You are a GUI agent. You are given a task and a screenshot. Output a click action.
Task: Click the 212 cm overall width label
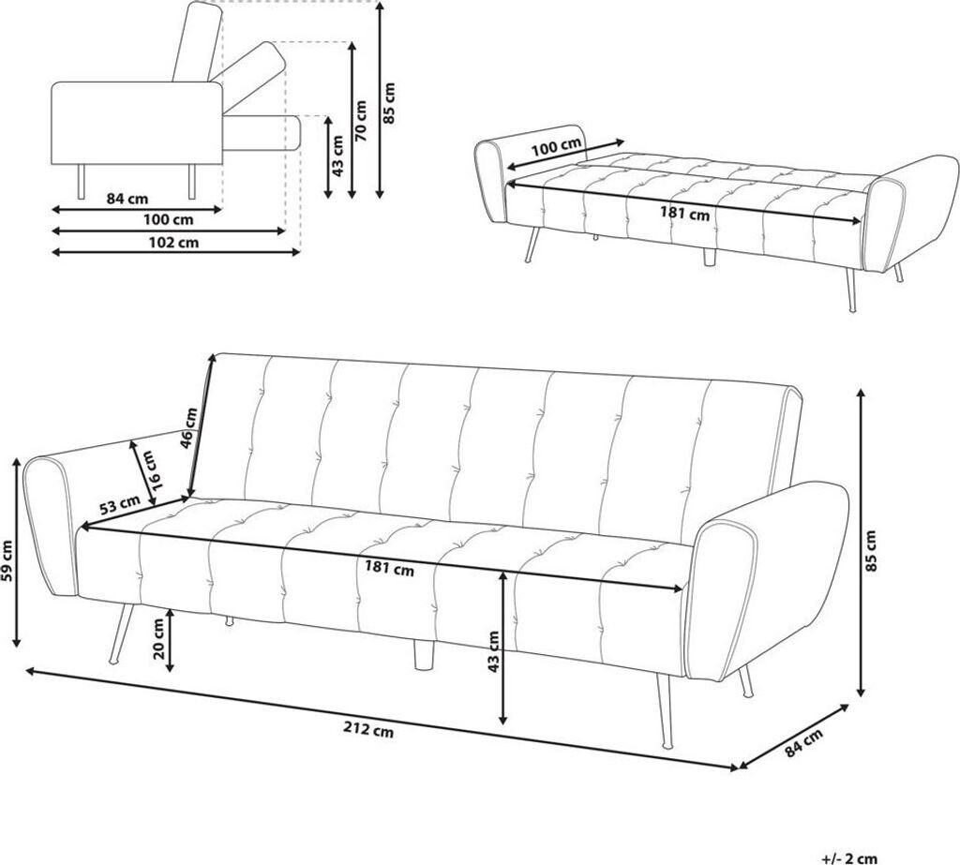[x=367, y=730]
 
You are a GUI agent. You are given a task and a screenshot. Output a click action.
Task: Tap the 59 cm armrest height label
[x=7, y=562]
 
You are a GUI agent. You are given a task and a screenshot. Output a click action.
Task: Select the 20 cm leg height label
[x=157, y=638]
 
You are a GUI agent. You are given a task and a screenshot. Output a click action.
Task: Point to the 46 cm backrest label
[x=189, y=428]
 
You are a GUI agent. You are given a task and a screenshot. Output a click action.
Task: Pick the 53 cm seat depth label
[x=119, y=505]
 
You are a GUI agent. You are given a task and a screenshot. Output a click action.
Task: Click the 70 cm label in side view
[x=361, y=121]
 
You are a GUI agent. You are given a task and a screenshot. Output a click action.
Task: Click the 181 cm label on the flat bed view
[x=684, y=214]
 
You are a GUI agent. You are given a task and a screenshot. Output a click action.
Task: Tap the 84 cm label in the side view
[x=127, y=199]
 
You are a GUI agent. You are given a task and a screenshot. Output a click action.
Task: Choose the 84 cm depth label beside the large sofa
[x=803, y=742]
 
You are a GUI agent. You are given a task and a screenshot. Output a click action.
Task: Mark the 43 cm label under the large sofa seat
[x=493, y=652]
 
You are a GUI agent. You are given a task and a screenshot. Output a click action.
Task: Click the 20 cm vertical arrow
[x=171, y=638]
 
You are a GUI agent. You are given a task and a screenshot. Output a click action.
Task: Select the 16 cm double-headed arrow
[x=142, y=472]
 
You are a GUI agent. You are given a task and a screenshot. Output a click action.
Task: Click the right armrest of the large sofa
[x=772, y=582]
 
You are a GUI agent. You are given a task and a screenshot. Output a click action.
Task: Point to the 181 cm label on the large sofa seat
[x=389, y=569]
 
